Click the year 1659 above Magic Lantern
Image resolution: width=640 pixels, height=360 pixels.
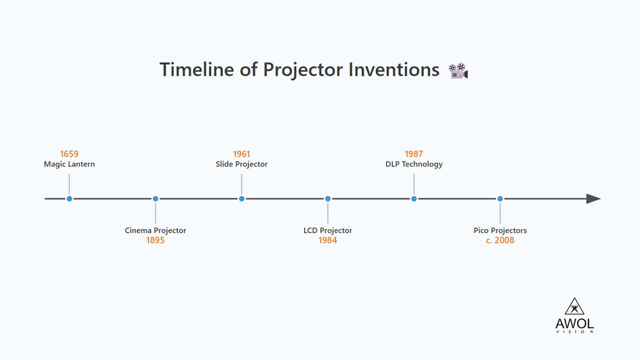(x=69, y=154)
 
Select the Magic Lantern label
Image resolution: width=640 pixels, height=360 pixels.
(x=69, y=164)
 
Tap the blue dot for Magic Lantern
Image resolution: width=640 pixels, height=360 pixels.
(x=69, y=199)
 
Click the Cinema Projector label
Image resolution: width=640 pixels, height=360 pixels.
(x=156, y=230)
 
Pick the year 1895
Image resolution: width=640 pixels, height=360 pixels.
(x=156, y=240)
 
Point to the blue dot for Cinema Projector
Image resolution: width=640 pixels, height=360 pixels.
(x=156, y=199)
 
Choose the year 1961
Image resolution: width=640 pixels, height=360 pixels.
(x=242, y=154)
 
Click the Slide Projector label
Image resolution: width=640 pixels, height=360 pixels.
(x=242, y=164)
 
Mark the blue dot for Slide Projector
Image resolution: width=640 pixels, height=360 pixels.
(x=242, y=199)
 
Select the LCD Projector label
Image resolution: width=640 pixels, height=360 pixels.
(x=328, y=230)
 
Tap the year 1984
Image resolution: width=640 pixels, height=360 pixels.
(x=328, y=240)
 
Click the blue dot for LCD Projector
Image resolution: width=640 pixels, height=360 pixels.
(x=328, y=199)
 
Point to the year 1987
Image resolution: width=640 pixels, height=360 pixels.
(x=414, y=154)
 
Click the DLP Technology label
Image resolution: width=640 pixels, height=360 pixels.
(x=414, y=164)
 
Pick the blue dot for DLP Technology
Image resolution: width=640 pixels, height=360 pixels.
(x=414, y=199)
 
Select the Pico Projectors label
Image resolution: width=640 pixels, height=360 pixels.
(x=500, y=230)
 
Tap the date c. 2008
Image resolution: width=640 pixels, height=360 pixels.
(x=500, y=240)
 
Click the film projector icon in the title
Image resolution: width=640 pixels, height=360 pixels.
(x=458, y=71)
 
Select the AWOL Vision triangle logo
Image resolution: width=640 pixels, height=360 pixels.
(x=575, y=307)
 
